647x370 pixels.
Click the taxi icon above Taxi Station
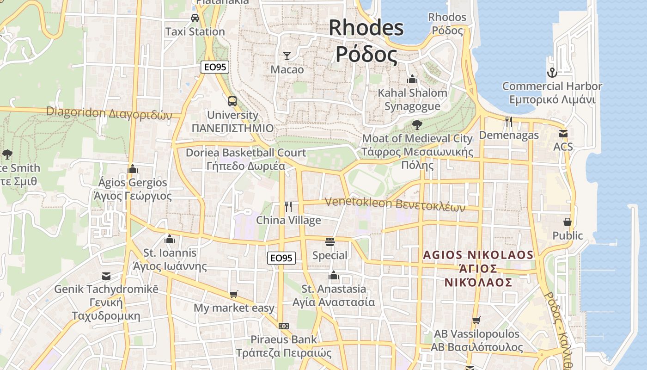click(195, 18)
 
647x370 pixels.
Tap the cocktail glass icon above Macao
click(287, 56)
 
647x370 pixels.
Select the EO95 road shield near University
click(215, 67)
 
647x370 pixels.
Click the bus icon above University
click(232, 101)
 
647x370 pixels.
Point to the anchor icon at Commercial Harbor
click(552, 73)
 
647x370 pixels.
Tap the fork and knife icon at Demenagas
click(509, 122)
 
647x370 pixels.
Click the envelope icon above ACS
click(563, 134)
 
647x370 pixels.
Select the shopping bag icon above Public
click(568, 222)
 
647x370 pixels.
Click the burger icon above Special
click(330, 242)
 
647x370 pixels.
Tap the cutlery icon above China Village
click(288, 206)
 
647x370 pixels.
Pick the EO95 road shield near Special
click(281, 258)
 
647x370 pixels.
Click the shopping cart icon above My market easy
click(234, 295)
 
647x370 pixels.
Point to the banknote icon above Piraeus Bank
click(284, 326)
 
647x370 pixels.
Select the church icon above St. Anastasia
click(334, 276)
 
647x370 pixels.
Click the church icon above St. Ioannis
click(170, 240)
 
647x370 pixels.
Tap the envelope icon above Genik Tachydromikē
click(106, 276)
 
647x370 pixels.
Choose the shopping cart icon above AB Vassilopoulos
click(476, 320)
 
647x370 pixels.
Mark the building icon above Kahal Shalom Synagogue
click(412, 79)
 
